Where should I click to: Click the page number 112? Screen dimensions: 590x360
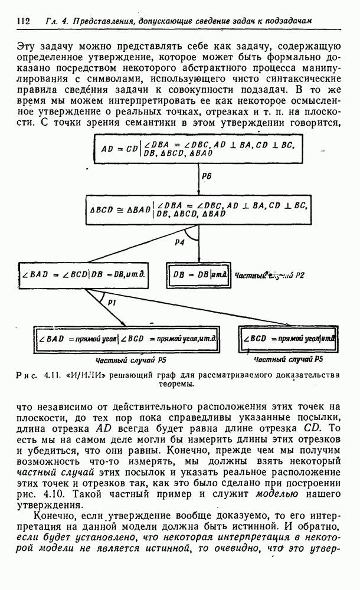[24, 21]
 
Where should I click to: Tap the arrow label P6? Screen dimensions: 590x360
[206, 176]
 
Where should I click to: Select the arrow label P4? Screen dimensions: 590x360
[179, 242]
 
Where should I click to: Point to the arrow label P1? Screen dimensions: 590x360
[112, 301]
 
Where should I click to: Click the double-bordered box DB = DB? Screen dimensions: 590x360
[199, 274]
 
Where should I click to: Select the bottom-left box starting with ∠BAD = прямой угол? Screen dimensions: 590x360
[125, 340]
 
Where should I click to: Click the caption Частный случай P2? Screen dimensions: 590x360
[269, 275]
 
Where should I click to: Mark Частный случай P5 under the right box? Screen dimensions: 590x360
[288, 359]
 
